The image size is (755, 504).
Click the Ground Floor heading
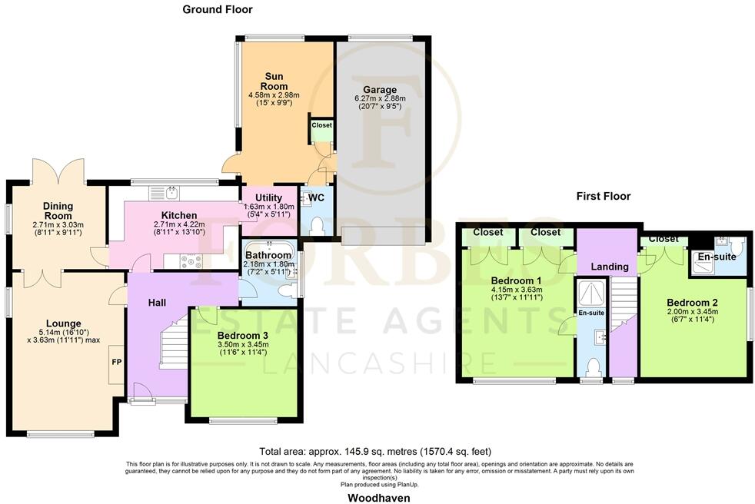(x=217, y=10)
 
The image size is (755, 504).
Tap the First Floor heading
(x=604, y=196)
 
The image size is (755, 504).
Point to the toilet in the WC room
(x=316, y=225)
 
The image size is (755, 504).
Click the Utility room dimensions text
(x=268, y=210)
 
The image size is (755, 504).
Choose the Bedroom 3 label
(x=243, y=336)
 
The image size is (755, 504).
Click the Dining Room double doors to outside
(x=58, y=171)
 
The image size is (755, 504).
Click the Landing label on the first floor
(x=610, y=267)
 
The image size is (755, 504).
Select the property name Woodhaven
(x=377, y=497)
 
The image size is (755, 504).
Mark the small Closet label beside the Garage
(x=321, y=124)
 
